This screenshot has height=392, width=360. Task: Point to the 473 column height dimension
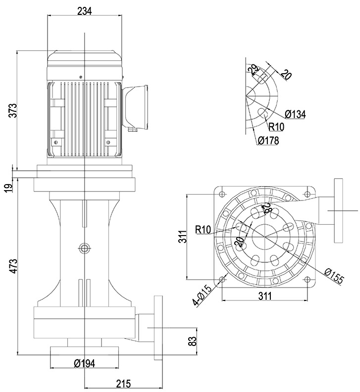(13, 266)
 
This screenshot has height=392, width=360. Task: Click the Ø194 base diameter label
(84, 364)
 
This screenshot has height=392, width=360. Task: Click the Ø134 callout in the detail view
(296, 114)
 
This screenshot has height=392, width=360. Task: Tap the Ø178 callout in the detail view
(268, 141)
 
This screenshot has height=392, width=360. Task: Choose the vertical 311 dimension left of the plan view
(182, 237)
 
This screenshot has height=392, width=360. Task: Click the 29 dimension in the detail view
(255, 69)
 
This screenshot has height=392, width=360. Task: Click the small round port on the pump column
(85, 246)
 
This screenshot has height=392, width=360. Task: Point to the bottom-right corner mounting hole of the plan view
(310, 280)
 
